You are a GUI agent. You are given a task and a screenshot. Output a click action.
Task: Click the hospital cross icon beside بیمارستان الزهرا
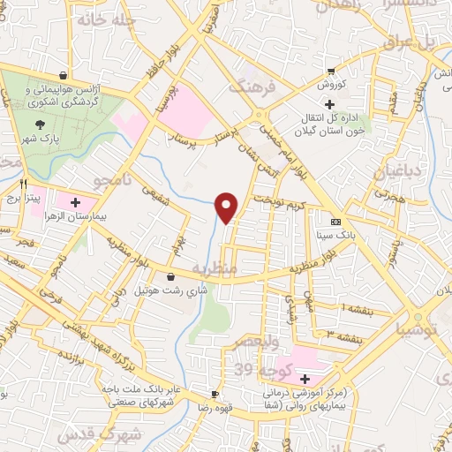pyautogui.click(x=75, y=201)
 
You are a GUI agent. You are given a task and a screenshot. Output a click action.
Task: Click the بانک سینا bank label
pyautogui.click(x=335, y=236)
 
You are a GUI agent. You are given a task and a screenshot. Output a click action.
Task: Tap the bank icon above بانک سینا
pyautogui.click(x=335, y=222)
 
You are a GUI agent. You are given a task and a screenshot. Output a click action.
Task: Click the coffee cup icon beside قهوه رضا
pyautogui.click(x=215, y=394)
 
